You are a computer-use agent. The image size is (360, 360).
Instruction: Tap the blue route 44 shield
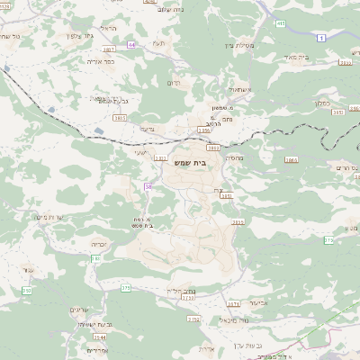click(132, 43)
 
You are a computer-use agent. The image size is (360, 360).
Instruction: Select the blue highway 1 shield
click(321, 36)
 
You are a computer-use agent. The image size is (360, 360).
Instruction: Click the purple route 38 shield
click(147, 186)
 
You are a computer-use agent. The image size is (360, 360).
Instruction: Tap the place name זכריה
click(100, 243)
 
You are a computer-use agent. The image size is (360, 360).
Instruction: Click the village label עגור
click(29, 270)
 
